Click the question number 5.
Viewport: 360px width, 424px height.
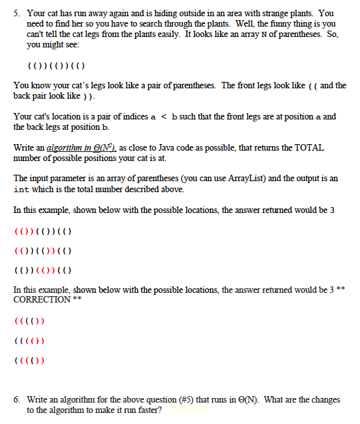tap(16, 13)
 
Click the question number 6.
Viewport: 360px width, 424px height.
tap(16, 401)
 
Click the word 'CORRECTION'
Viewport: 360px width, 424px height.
tap(42, 299)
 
